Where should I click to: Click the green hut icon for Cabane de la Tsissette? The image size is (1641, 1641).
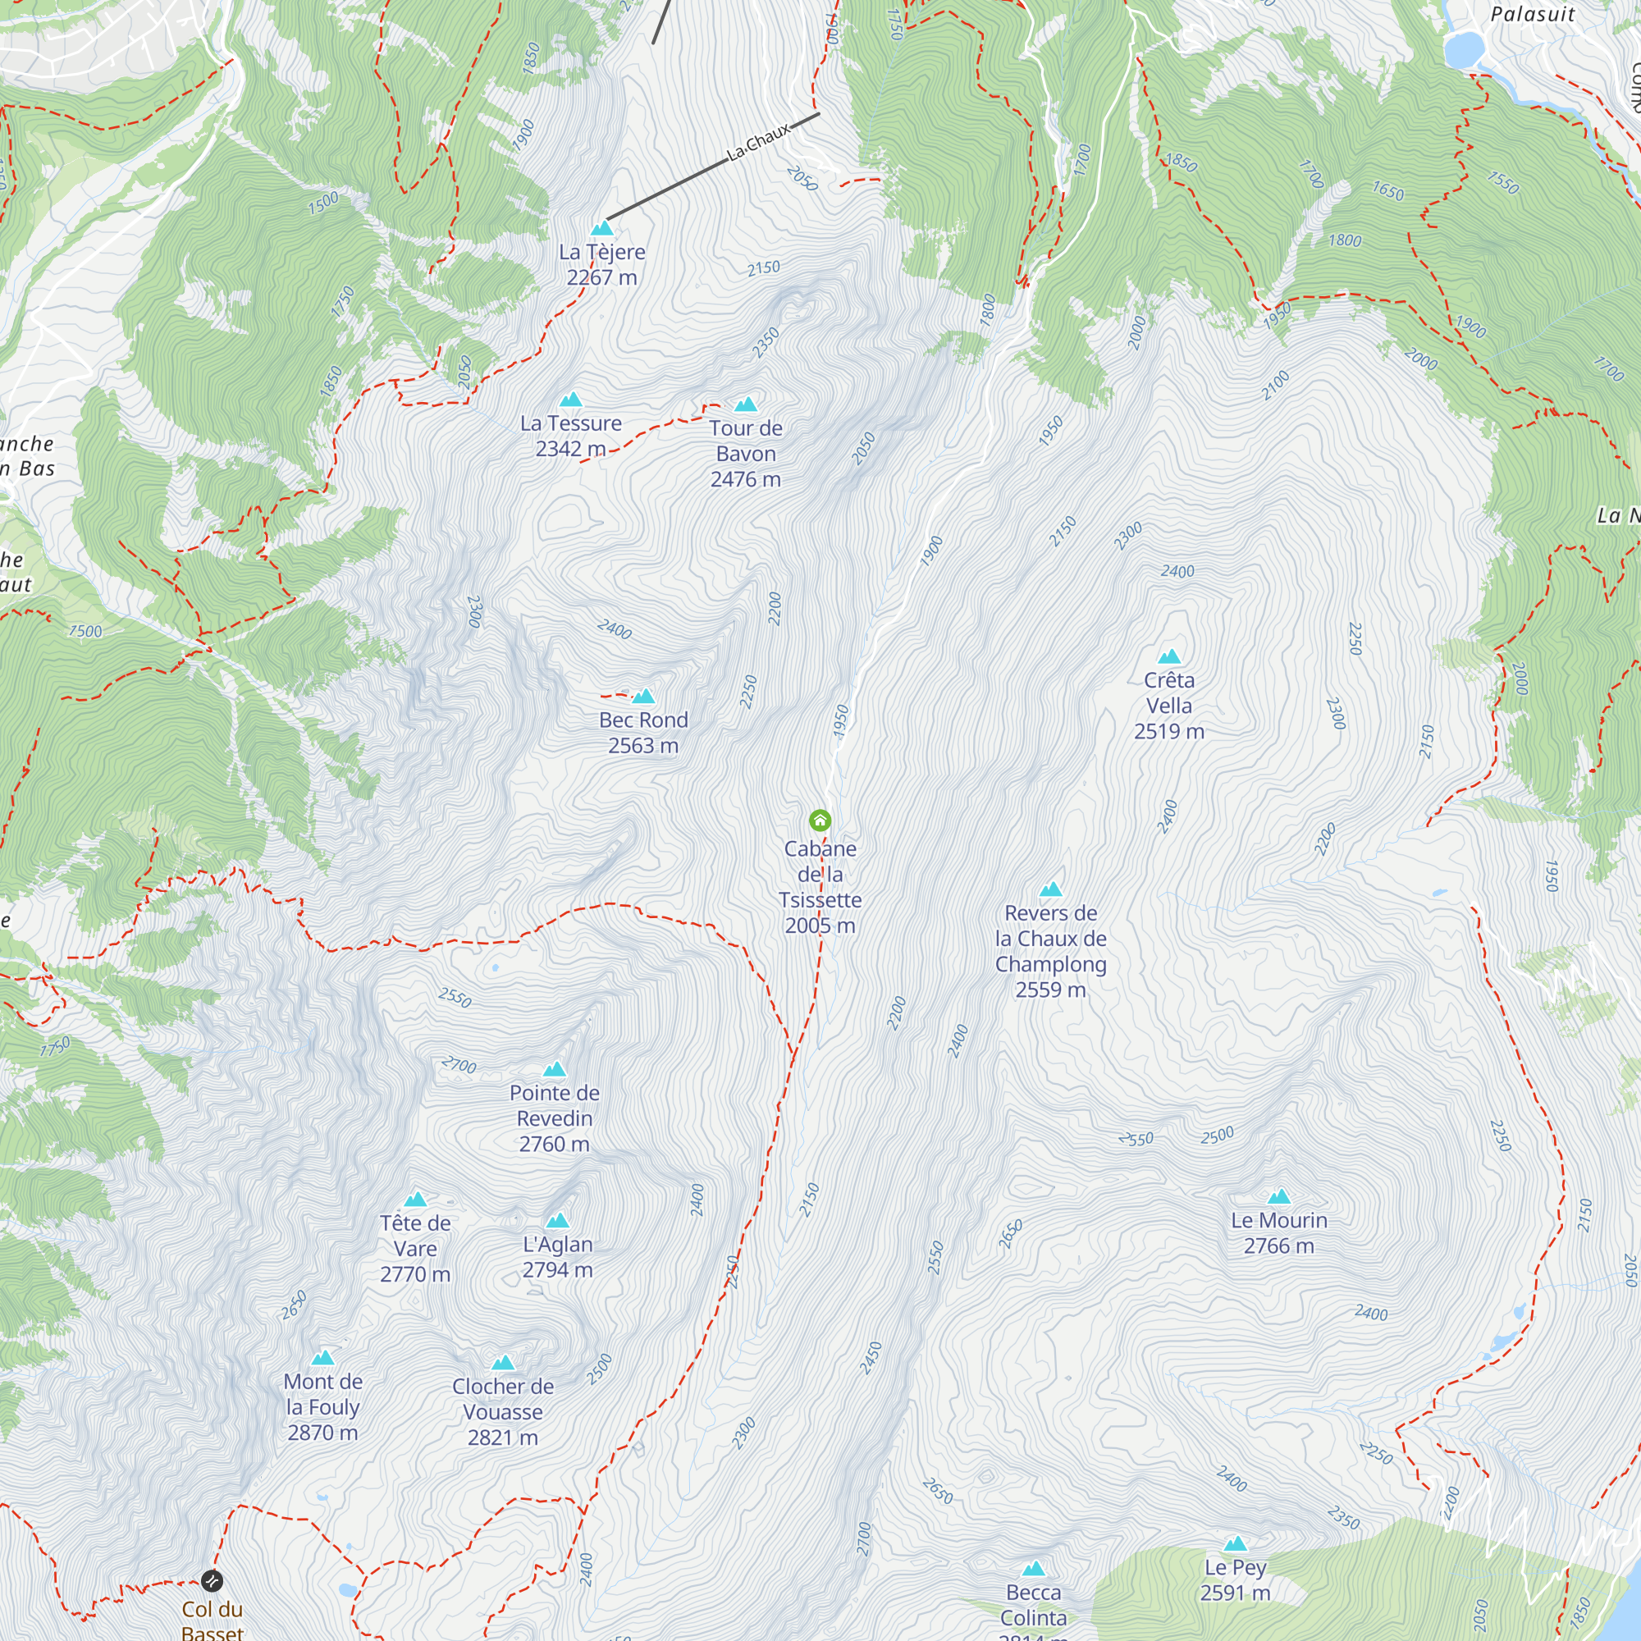820,820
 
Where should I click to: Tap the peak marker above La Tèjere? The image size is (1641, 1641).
602,228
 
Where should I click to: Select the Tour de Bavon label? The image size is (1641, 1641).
746,453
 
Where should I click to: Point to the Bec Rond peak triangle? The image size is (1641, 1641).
644,697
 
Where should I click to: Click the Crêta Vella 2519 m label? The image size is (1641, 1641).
1168,705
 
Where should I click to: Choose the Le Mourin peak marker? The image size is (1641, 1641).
1279,1198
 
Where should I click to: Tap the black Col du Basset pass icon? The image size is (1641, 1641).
213,1581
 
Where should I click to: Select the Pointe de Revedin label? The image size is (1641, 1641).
555,1118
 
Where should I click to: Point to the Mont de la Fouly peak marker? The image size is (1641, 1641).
322,1358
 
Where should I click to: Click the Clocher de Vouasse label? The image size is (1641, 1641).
503,1410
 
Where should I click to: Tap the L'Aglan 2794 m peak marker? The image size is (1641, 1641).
557,1222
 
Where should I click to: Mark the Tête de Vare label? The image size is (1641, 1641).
415,1248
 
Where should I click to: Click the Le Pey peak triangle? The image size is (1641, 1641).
1235,1544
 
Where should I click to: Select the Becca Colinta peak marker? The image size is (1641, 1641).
1034,1569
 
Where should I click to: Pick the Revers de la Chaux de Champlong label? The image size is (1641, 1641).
1051,950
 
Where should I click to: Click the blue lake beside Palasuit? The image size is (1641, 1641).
1463,48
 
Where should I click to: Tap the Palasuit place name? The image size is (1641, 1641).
1532,15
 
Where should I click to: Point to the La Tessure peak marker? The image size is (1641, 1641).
571,400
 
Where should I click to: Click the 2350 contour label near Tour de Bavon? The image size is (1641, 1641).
766,343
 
